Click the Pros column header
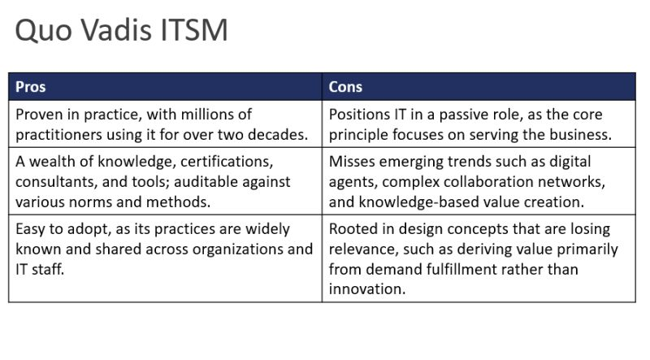tap(31, 87)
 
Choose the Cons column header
tap(345, 87)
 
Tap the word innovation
tap(366, 289)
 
